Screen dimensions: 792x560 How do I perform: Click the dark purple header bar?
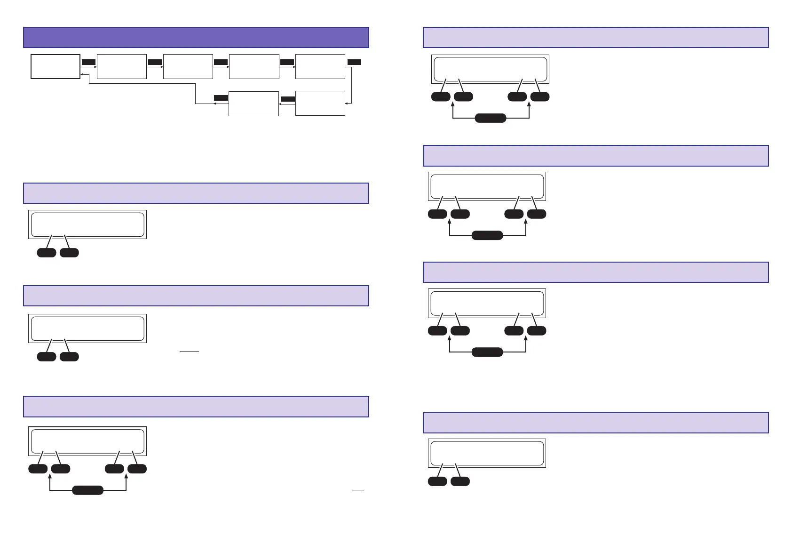tap(196, 38)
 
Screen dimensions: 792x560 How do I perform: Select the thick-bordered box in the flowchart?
tap(55, 66)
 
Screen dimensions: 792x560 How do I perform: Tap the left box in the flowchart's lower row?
tap(253, 104)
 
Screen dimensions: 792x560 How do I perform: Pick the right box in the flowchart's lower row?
tap(320, 103)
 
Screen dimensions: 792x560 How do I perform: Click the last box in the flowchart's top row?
tap(320, 66)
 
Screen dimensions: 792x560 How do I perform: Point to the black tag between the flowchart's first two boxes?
tap(88, 62)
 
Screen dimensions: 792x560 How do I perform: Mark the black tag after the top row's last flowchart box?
tap(354, 62)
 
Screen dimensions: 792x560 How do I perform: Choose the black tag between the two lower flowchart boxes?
tap(288, 99)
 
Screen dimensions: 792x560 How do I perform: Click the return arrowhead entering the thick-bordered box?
tap(82, 74)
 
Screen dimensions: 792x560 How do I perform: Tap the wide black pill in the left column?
tap(87, 490)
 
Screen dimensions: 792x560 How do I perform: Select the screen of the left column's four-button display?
tap(87, 441)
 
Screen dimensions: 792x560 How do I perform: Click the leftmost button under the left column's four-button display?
tap(38, 469)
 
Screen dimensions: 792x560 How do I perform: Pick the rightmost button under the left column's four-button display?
tap(137, 469)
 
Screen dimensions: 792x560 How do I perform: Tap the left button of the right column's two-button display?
tap(437, 481)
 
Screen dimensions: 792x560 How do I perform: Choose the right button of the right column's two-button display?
tap(460, 481)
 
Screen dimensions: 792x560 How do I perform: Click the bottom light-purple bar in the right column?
tap(595, 423)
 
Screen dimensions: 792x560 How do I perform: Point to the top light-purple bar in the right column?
tap(595, 38)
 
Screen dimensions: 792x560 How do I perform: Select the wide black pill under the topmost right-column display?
tap(491, 118)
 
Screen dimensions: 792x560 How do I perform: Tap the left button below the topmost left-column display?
tap(47, 253)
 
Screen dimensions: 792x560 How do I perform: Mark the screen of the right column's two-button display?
tap(487, 453)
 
